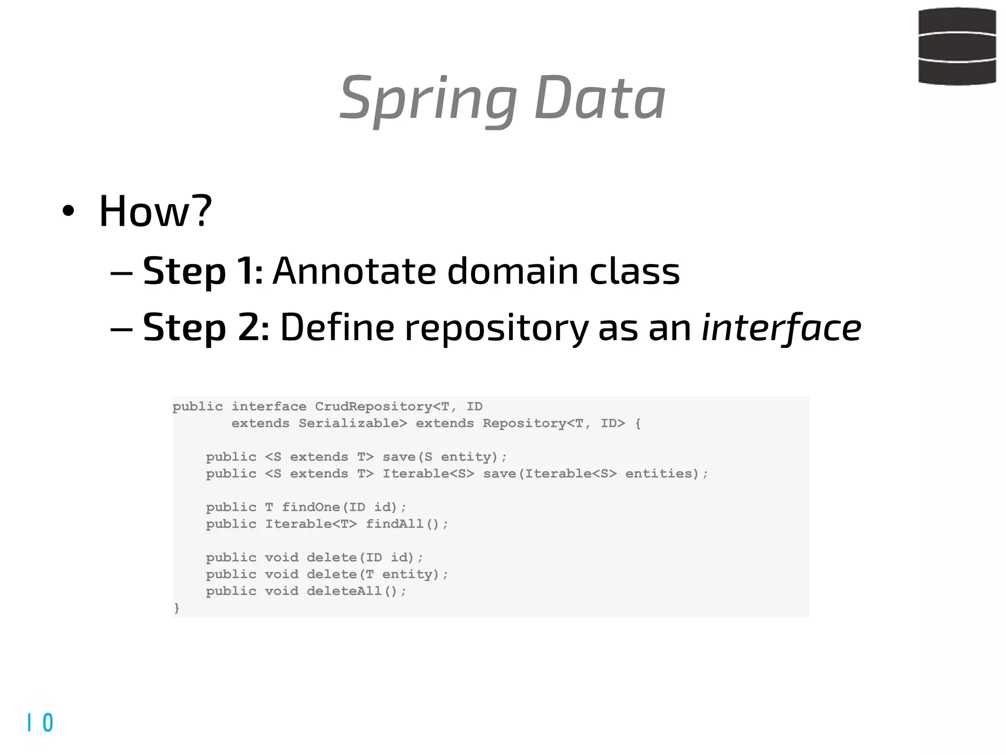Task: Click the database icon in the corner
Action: tap(957, 46)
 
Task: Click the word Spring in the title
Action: tap(427, 98)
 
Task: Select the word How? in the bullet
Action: tap(155, 211)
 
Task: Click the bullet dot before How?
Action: tap(68, 211)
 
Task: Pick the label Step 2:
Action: tap(205, 327)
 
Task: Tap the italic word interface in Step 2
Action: tap(781, 327)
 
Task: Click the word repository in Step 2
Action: tap(496, 328)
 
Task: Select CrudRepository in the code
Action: tap(373, 407)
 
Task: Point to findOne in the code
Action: tap(310, 507)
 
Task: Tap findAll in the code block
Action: tap(394, 523)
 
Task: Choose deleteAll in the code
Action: tap(344, 591)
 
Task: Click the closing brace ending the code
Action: tap(177, 608)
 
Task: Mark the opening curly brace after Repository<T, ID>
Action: tap(638, 423)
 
